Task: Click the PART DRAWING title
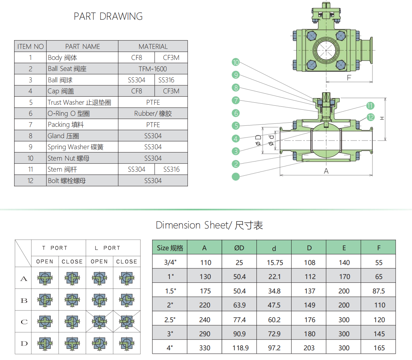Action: coord(108,16)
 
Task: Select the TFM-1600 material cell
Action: coord(153,69)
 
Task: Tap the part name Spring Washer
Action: coord(75,147)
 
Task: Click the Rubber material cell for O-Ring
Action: coord(153,113)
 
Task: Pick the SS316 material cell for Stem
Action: coord(171,169)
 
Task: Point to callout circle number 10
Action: coord(236,62)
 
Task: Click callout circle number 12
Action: coord(370,117)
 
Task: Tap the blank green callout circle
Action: coord(236,176)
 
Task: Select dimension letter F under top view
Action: coord(349,78)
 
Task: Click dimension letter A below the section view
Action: coord(326,171)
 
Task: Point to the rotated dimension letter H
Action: coord(382,118)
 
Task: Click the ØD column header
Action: coord(239,248)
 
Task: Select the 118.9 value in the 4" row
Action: coord(240,348)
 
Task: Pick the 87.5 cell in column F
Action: coord(379,291)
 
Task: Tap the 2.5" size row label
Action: coord(170,320)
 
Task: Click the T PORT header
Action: coord(55,248)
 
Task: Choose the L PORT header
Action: coord(107,248)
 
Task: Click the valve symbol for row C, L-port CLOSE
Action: coord(127,322)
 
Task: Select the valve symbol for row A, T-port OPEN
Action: coord(45,278)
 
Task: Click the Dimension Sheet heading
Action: coord(209,225)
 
